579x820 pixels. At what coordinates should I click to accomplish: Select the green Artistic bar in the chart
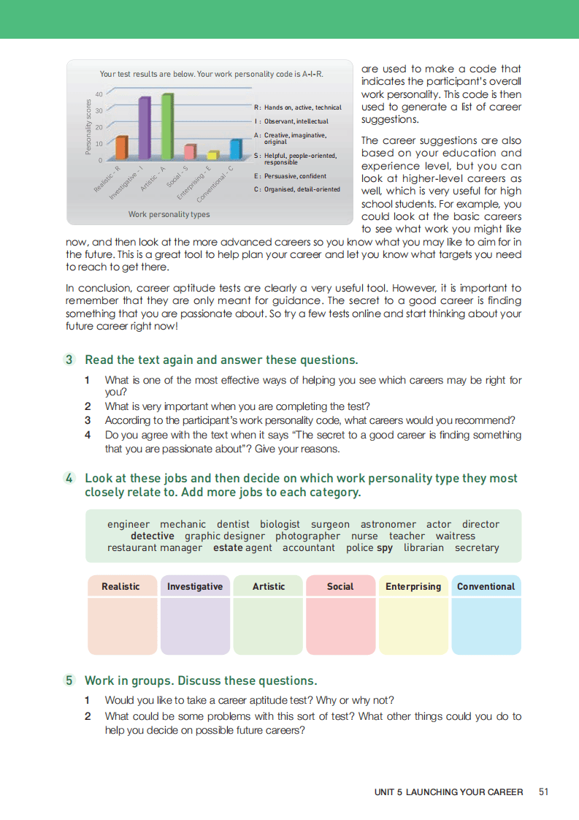click(167, 126)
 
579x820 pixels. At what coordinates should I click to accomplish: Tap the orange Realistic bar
click(122, 148)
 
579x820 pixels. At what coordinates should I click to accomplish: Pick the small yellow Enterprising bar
click(213, 155)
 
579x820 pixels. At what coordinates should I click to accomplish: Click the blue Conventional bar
click(236, 149)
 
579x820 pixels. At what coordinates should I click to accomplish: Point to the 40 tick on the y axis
click(99, 94)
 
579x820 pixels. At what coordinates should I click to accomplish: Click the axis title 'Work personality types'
click(169, 214)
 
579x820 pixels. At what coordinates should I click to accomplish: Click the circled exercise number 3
click(69, 360)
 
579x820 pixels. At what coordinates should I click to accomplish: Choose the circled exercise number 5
click(69, 680)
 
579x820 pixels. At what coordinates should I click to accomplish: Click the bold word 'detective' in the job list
click(152, 536)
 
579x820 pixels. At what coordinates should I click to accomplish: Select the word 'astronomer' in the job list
click(388, 524)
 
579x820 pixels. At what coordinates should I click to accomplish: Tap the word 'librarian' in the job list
click(423, 547)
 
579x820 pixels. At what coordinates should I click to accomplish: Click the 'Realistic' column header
click(120, 586)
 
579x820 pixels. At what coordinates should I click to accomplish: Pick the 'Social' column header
click(340, 586)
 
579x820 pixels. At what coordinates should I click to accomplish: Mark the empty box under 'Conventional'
click(486, 626)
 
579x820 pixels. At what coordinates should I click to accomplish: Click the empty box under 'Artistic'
click(268, 626)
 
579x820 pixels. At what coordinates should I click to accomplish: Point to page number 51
click(543, 791)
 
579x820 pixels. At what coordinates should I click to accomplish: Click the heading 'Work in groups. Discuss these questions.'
click(201, 680)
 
